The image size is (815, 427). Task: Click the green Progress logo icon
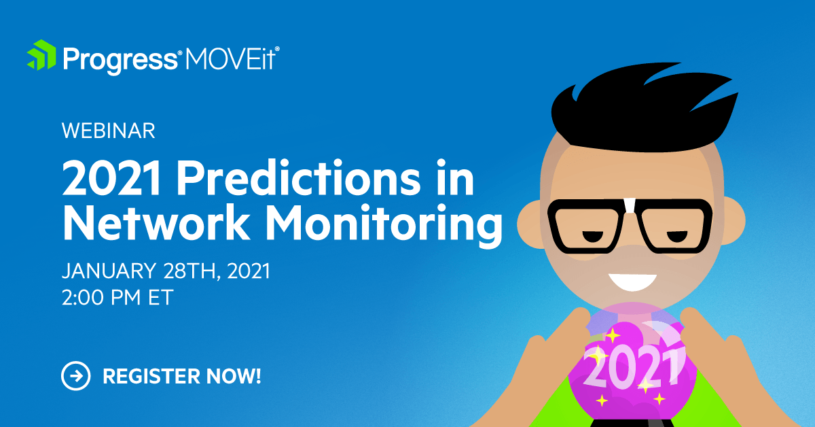[41, 56]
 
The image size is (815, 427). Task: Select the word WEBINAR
[109, 131]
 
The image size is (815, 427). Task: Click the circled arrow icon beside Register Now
[75, 375]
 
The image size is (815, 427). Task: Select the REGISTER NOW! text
[181, 375]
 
